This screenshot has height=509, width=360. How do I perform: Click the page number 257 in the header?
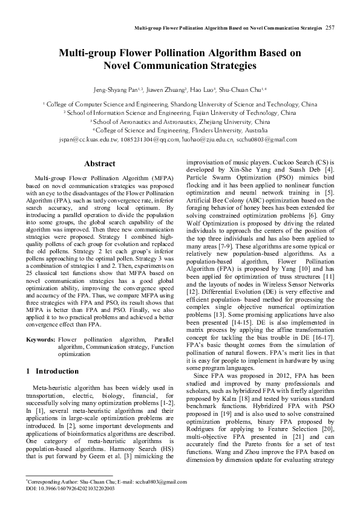[330, 28]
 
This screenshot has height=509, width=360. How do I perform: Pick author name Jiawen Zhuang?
[168, 89]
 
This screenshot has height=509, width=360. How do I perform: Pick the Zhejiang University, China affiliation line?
[180, 122]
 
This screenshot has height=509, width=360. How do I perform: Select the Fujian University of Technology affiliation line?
[180, 113]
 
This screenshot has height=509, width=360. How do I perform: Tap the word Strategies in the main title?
[229, 66]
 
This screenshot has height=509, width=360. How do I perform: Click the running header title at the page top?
[228, 28]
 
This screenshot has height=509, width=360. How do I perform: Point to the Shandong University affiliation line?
[180, 105]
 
